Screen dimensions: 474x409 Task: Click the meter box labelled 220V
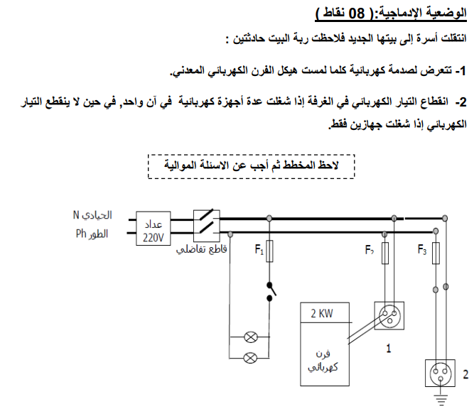tap(153, 228)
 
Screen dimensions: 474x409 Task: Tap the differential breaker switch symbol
tap(207, 222)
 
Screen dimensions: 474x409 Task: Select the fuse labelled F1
tap(269, 251)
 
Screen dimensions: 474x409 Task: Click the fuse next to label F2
tap(385, 253)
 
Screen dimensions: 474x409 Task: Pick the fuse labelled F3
tap(436, 253)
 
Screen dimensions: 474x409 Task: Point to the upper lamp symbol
tap(251, 337)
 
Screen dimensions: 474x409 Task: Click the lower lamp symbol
tap(251, 358)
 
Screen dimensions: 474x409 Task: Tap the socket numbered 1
tap(389, 316)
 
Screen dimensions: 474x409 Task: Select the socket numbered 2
tap(440, 373)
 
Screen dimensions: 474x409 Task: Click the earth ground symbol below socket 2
tap(441, 399)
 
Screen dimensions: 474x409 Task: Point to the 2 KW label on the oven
tap(322, 314)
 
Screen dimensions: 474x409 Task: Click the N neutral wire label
tap(92, 215)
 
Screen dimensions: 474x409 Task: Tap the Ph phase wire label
tap(92, 234)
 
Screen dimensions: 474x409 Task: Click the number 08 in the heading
tap(357, 13)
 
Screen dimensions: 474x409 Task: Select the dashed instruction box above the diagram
tap(251, 166)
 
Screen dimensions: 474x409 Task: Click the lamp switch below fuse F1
tap(271, 292)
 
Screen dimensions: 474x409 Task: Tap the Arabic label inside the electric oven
tap(323, 361)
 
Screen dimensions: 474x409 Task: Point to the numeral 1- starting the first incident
tap(461, 71)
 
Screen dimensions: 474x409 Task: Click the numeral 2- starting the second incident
tap(461, 102)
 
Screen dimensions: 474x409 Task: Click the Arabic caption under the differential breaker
tap(202, 249)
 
